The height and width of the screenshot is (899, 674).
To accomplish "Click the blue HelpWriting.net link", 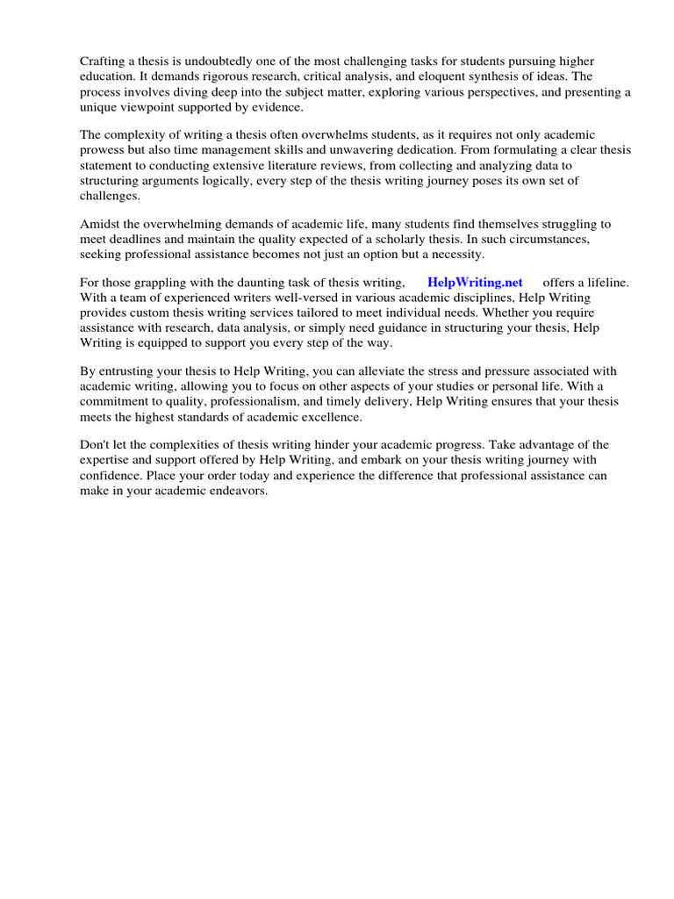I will point(475,282).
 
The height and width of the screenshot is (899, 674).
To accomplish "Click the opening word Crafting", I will point(104,61).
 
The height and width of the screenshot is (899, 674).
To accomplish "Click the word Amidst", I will point(99,224).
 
